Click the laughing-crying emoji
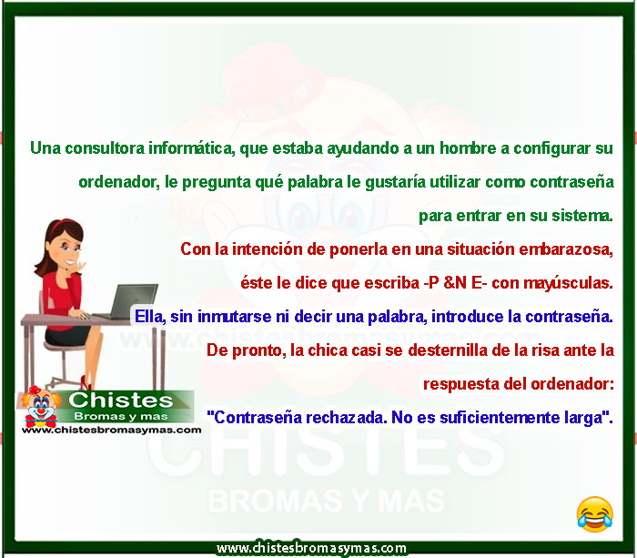click(x=595, y=514)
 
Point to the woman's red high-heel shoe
click(x=86, y=383)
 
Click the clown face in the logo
click(x=40, y=406)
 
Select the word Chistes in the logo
click(x=121, y=401)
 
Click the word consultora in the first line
click(x=105, y=148)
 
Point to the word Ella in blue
click(x=150, y=317)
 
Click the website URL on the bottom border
click(x=311, y=548)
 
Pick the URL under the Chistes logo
click(x=111, y=430)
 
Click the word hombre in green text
click(x=468, y=148)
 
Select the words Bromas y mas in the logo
click(x=121, y=417)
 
